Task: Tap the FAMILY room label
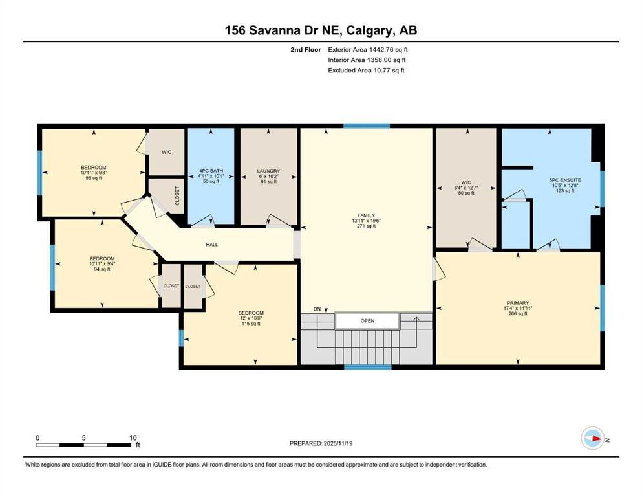pyautogui.click(x=366, y=215)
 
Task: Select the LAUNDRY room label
pyautogui.click(x=268, y=171)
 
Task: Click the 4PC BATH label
pyautogui.click(x=211, y=171)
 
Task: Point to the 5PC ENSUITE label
pyautogui.click(x=565, y=180)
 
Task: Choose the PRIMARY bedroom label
pyautogui.click(x=517, y=303)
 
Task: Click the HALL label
pyautogui.click(x=211, y=244)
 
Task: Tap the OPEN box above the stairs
pyautogui.click(x=367, y=321)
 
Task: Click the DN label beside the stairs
pyautogui.click(x=317, y=309)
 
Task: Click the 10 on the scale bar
pyautogui.click(x=133, y=437)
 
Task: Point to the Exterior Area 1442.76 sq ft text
pyautogui.click(x=368, y=50)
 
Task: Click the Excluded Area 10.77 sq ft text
pyautogui.click(x=366, y=71)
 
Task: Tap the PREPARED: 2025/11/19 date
pyautogui.click(x=321, y=443)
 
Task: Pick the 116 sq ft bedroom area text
pyautogui.click(x=251, y=324)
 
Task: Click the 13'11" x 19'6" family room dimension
pyautogui.click(x=366, y=221)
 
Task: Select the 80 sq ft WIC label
pyautogui.click(x=466, y=193)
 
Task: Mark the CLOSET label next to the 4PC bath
pyautogui.click(x=177, y=196)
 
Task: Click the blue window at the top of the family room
pyautogui.click(x=367, y=126)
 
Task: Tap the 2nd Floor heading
pyautogui.click(x=305, y=50)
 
